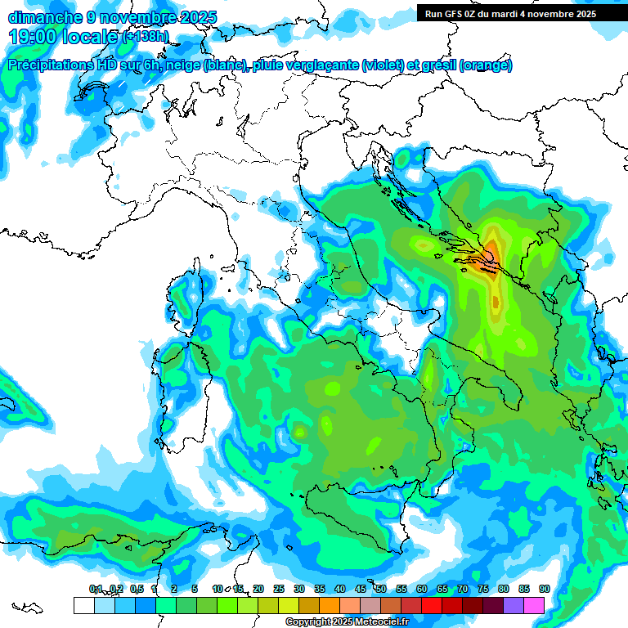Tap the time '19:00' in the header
coord(34,36)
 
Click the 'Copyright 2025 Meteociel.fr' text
coord(347,621)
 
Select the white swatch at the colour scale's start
coord(83,605)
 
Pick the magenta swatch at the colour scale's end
coord(534,605)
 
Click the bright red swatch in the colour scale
coord(432,605)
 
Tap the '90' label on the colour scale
coord(544,589)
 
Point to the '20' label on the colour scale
coord(258,589)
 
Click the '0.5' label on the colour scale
coord(136,589)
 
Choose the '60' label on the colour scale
coord(422,589)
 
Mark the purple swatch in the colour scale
coord(514,605)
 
